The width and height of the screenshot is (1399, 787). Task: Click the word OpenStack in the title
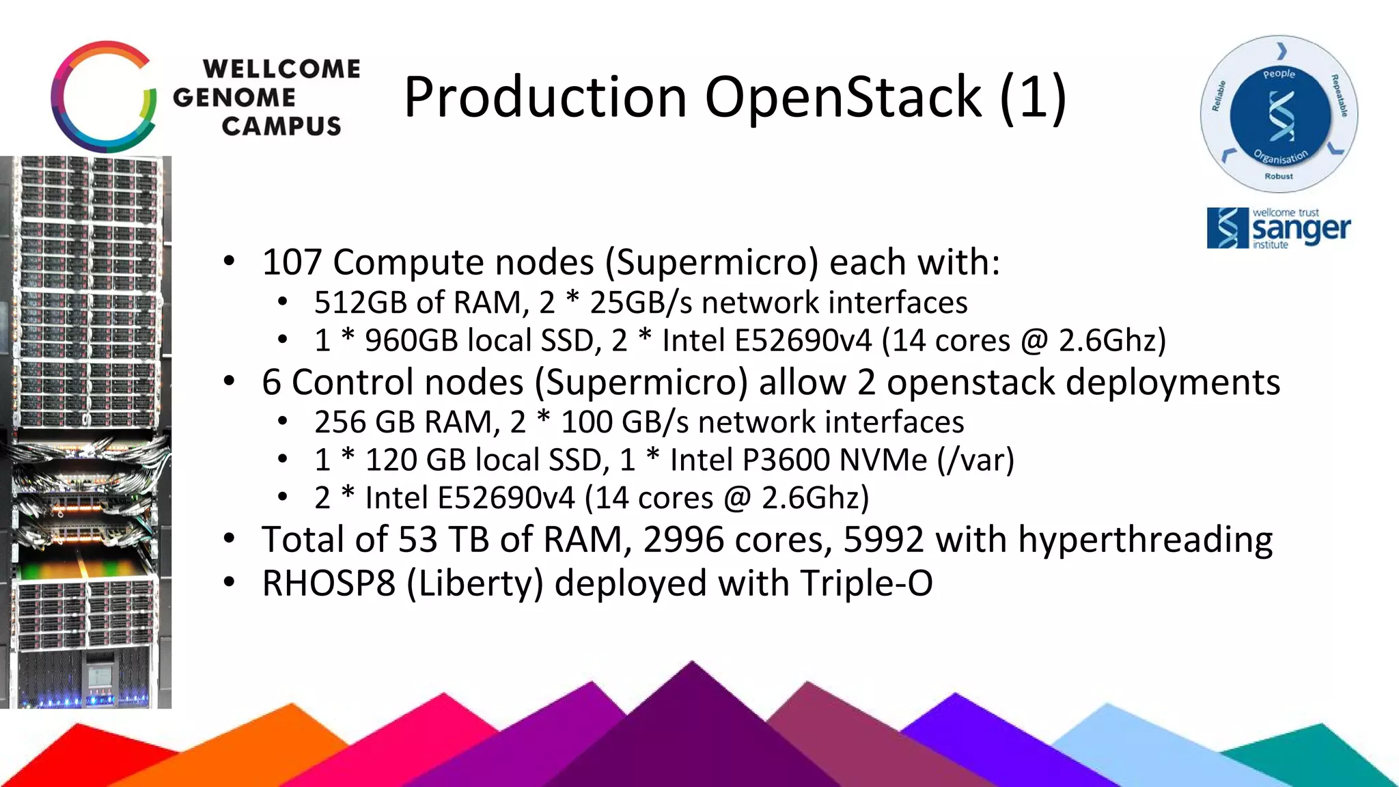tap(844, 97)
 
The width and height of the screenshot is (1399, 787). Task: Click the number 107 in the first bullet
tap(292, 263)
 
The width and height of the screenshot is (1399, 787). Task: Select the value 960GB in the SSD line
tap(411, 341)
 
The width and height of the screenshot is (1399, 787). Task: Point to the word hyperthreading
tap(1145, 541)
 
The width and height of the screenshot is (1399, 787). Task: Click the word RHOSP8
tap(329, 584)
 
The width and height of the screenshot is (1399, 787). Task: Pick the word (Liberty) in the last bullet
tap(475, 584)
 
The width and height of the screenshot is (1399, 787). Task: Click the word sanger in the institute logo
tap(1301, 230)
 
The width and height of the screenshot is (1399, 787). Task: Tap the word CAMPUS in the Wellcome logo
tap(281, 126)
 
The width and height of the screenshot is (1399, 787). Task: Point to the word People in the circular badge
tap(1279, 74)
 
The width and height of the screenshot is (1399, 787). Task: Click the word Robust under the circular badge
tap(1279, 176)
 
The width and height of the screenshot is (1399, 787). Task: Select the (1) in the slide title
tap(1032, 97)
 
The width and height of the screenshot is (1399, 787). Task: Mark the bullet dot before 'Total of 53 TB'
tap(230, 540)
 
